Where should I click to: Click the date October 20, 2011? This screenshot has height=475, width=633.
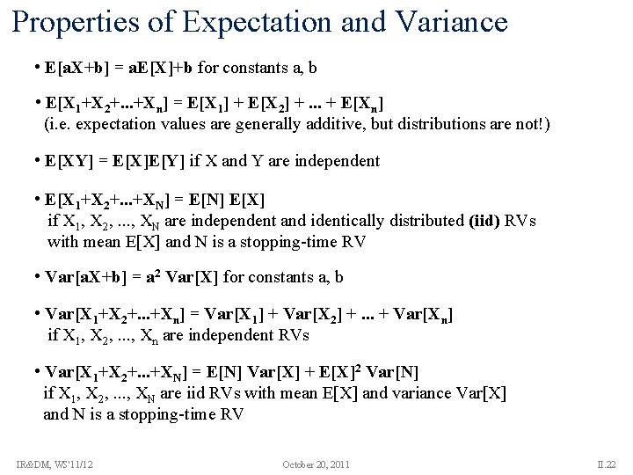click(x=316, y=464)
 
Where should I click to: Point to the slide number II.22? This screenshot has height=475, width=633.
click(x=605, y=464)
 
